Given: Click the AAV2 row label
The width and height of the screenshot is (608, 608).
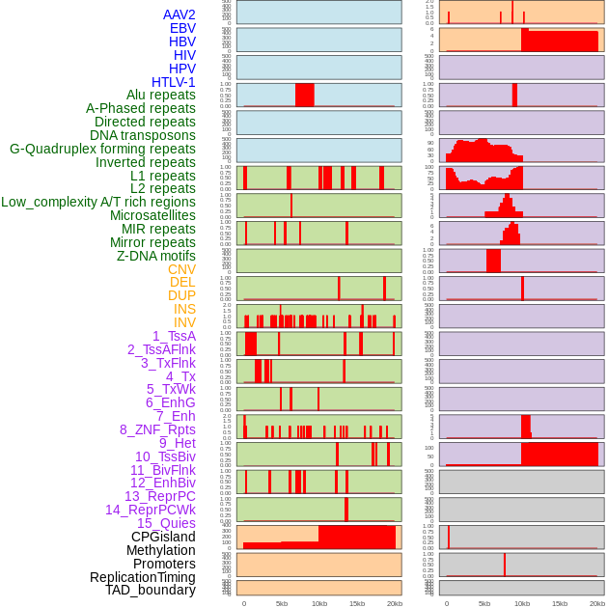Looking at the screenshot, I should [180, 14].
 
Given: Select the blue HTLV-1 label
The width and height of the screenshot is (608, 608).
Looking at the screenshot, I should [174, 82].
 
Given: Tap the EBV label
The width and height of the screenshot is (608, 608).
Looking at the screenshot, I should [182, 28].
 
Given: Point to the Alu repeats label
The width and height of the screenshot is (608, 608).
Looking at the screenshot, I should [161, 95].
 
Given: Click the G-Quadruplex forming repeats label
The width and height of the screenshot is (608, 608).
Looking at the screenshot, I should [102, 149].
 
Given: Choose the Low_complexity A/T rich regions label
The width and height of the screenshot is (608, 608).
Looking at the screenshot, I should [98, 202].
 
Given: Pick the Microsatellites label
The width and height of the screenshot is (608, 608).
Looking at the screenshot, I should [152, 215].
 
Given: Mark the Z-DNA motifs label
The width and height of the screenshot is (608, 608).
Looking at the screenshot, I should [156, 256].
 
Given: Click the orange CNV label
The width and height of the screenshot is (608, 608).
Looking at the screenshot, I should [181, 269].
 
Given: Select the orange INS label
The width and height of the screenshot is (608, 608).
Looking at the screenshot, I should [184, 309].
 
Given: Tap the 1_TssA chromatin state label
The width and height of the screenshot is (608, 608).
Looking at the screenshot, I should [174, 336].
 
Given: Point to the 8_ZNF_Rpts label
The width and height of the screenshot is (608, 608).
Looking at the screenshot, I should [157, 429].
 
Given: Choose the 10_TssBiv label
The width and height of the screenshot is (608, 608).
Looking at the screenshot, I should [165, 456].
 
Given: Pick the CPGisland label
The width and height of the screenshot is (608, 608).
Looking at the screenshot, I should [163, 537].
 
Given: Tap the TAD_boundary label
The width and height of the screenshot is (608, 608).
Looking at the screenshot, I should [151, 590].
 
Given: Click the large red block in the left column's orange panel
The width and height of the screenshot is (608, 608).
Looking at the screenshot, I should [356, 537].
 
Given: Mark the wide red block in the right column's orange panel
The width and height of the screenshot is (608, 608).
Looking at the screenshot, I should [559, 41].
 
